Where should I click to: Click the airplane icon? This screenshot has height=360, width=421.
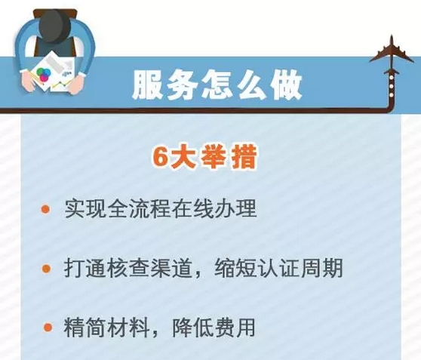pyautogui.click(x=392, y=55)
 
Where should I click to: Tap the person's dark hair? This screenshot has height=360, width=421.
pyautogui.click(x=55, y=26)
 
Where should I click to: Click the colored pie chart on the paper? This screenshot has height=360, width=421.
pyautogui.click(x=44, y=75)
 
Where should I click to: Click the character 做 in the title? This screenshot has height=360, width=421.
pyautogui.click(x=287, y=85)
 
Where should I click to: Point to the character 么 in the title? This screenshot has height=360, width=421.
pyautogui.click(x=253, y=85)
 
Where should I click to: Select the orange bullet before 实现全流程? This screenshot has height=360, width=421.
pyautogui.click(x=45, y=209)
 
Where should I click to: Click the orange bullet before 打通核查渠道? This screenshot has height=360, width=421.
pyautogui.click(x=47, y=269)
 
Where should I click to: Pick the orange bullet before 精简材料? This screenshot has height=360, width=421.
pyautogui.click(x=48, y=327)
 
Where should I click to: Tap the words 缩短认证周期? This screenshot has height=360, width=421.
pyautogui.click(x=278, y=268)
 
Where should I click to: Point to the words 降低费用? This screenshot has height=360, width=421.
pyautogui.click(x=214, y=328)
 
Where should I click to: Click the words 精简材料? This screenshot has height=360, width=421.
pyautogui.click(x=106, y=328)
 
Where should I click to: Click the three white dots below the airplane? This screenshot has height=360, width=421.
pyautogui.click(x=392, y=87)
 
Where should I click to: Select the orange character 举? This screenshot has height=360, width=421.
pyautogui.click(x=214, y=157)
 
